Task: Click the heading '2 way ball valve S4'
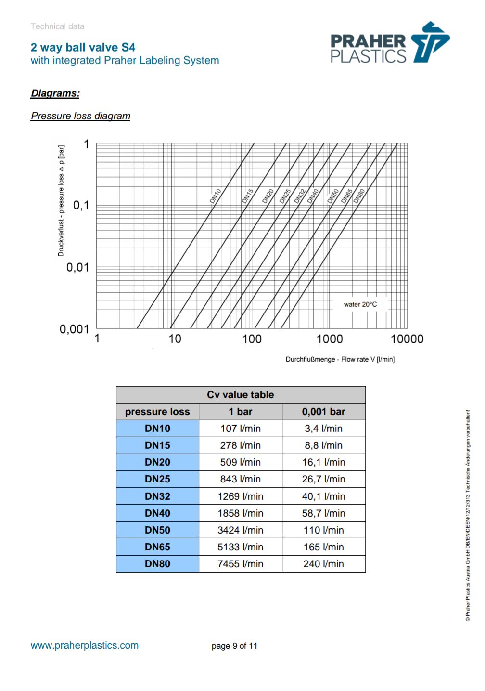pyautogui.click(x=83, y=47)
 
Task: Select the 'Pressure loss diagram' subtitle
pyautogui.click(x=80, y=116)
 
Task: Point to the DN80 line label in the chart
pyautogui.click(x=359, y=196)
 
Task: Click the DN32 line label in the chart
pyautogui.click(x=300, y=196)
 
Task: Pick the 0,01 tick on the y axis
pyautogui.click(x=77, y=267)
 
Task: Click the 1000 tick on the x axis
pyautogui.click(x=329, y=339)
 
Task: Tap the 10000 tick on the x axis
pyautogui.click(x=407, y=339)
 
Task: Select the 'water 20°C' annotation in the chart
pyautogui.click(x=360, y=304)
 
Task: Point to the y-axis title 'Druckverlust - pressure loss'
pyautogui.click(x=61, y=201)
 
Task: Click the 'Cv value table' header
pyautogui.click(x=240, y=395)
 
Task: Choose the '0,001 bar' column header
pyautogui.click(x=323, y=412)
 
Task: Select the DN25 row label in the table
pyautogui.click(x=157, y=479)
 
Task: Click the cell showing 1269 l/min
pyautogui.click(x=240, y=496)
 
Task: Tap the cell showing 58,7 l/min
pyautogui.click(x=323, y=513)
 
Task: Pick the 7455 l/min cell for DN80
pyautogui.click(x=240, y=564)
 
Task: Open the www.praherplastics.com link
pyautogui.click(x=85, y=645)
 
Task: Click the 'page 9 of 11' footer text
pyautogui.click(x=234, y=646)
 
